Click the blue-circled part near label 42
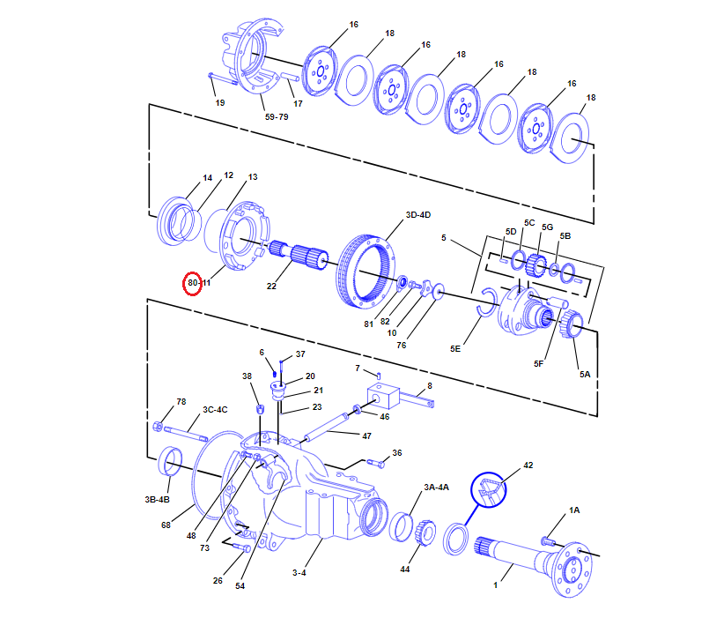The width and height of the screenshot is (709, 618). (488, 491)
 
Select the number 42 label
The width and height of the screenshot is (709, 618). (528, 465)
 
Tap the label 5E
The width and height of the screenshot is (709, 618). (455, 349)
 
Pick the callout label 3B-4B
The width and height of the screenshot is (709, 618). (157, 500)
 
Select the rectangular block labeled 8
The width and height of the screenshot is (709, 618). (382, 400)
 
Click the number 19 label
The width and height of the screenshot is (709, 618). (219, 102)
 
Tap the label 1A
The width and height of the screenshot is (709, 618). (574, 510)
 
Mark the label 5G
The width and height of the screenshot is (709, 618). (548, 227)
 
